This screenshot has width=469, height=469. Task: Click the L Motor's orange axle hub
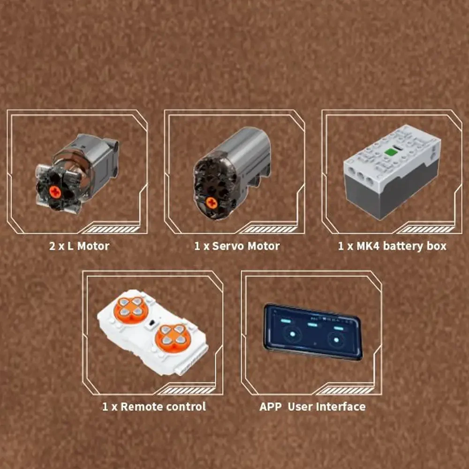coord(55,191)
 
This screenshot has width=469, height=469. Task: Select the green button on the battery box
coord(390,152)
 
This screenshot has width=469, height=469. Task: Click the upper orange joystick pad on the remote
coord(131,308)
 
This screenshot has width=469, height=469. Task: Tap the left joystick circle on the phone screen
coord(294,335)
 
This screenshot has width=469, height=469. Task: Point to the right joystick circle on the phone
coord(336,339)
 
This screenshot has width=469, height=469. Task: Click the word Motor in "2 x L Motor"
coord(93,246)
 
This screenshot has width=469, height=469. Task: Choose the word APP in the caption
coord(271,406)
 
